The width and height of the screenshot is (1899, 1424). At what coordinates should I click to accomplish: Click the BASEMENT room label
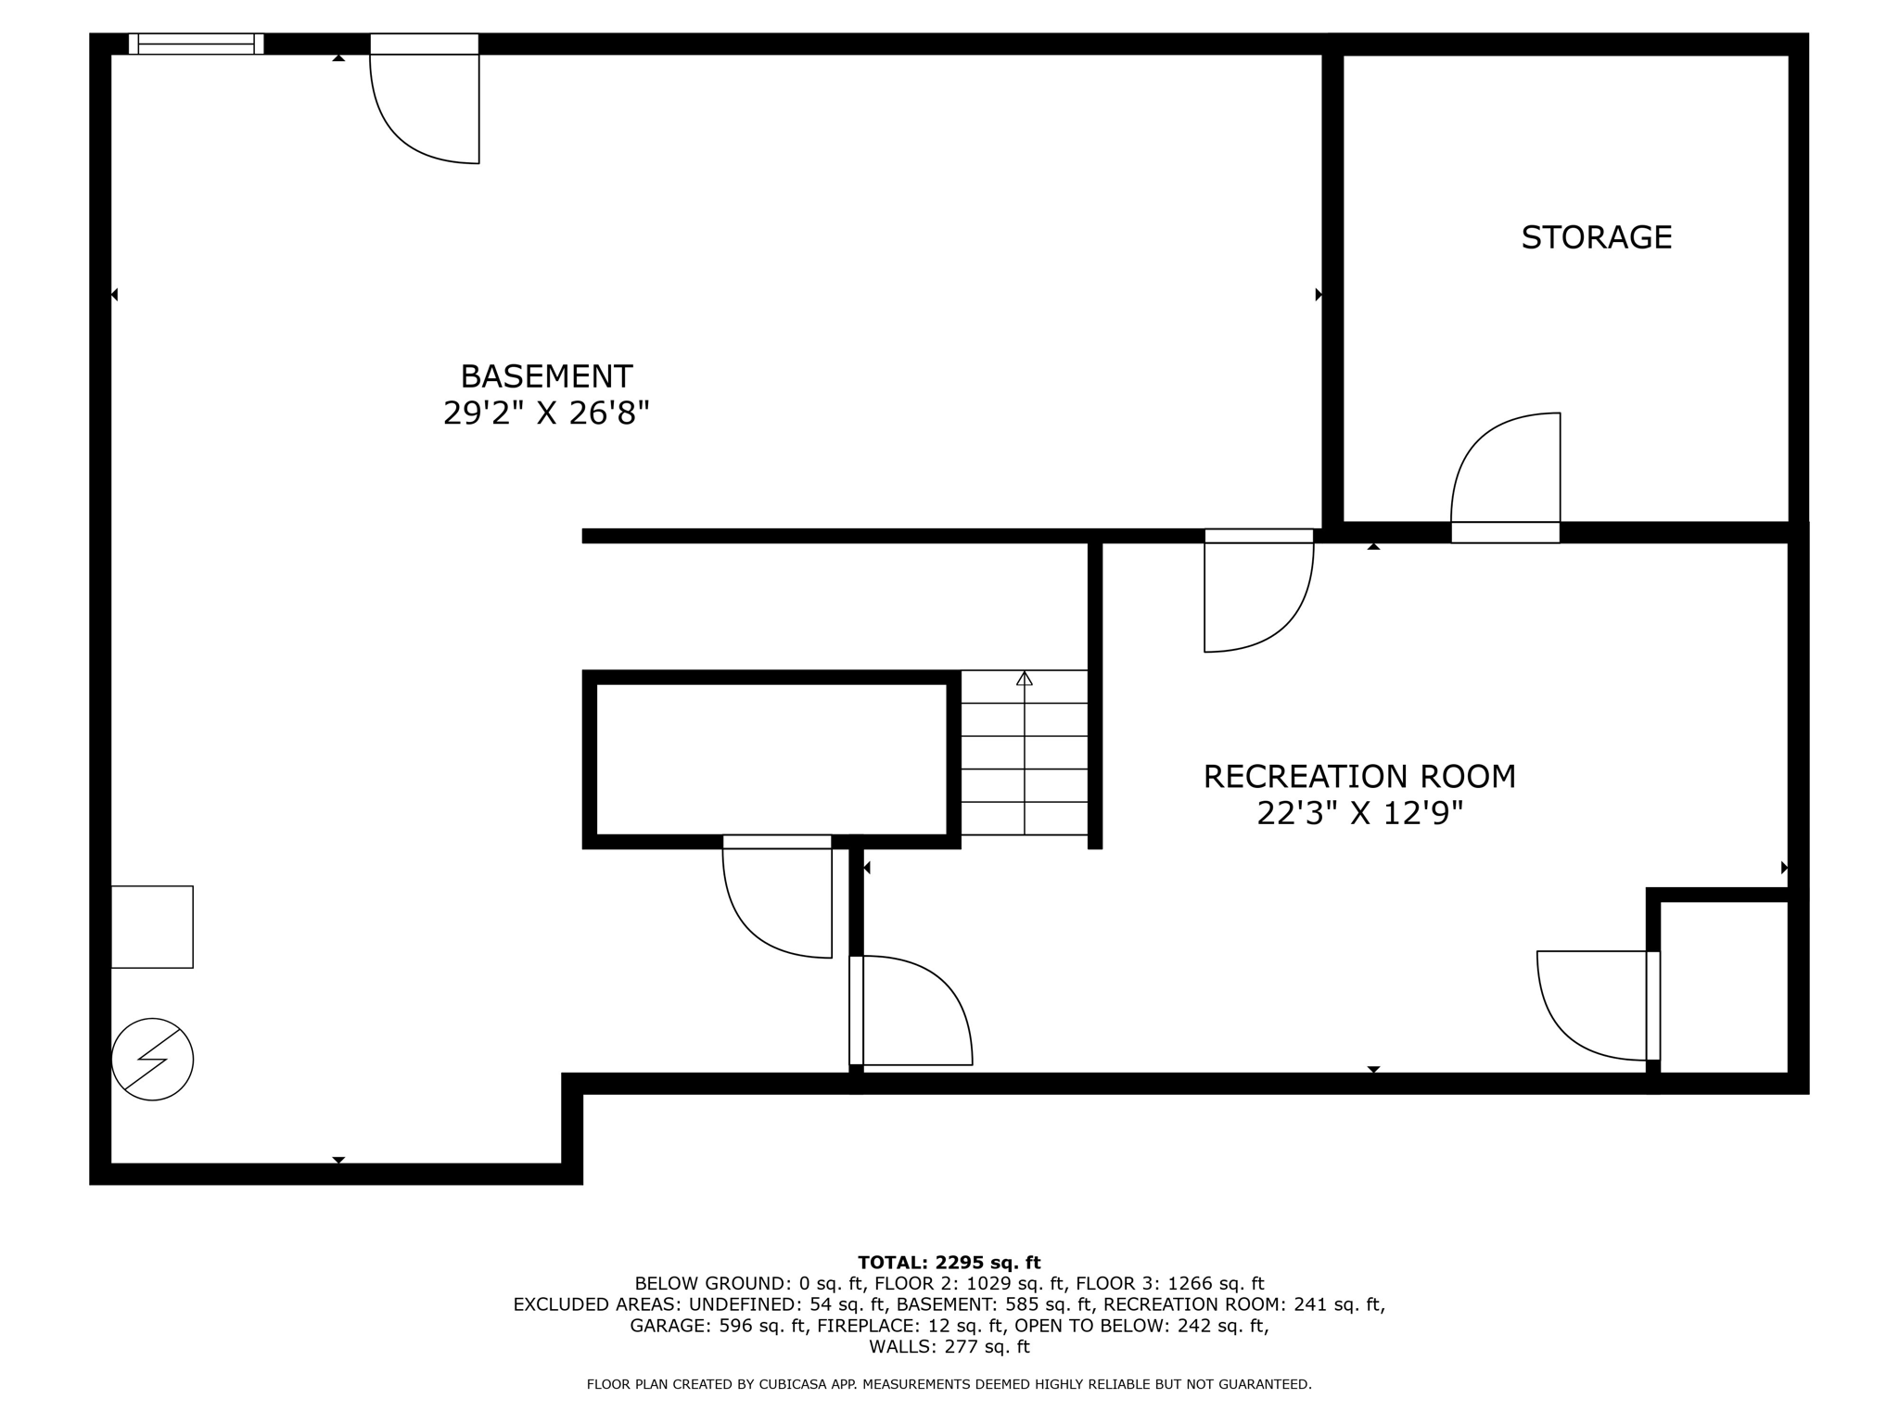tap(546, 376)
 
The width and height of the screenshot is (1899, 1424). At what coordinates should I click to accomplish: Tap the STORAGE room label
tap(1596, 237)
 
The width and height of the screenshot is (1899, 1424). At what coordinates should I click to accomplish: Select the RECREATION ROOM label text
tap(1359, 776)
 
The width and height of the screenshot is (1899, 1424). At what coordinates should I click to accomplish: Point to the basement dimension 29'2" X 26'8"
tap(546, 413)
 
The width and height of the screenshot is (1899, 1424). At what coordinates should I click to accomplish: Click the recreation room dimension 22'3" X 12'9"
tap(1359, 813)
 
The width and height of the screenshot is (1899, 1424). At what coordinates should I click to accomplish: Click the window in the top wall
tap(196, 44)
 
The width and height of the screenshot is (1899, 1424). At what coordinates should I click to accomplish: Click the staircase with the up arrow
tap(1024, 753)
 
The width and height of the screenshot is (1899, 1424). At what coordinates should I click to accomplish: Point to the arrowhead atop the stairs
tap(1024, 679)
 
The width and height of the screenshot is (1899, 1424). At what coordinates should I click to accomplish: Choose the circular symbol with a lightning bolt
tap(152, 1059)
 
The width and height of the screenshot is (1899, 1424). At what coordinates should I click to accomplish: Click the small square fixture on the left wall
tap(152, 927)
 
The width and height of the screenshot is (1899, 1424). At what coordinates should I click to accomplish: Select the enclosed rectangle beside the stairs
tap(771, 758)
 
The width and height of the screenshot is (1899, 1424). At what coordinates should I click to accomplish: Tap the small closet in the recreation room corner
tap(1723, 986)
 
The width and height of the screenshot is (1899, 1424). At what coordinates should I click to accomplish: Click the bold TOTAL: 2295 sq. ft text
tap(949, 1263)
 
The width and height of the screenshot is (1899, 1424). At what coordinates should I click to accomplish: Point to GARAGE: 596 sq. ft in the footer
tap(718, 1326)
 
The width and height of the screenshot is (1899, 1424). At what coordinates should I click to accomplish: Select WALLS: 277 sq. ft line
tap(949, 1347)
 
